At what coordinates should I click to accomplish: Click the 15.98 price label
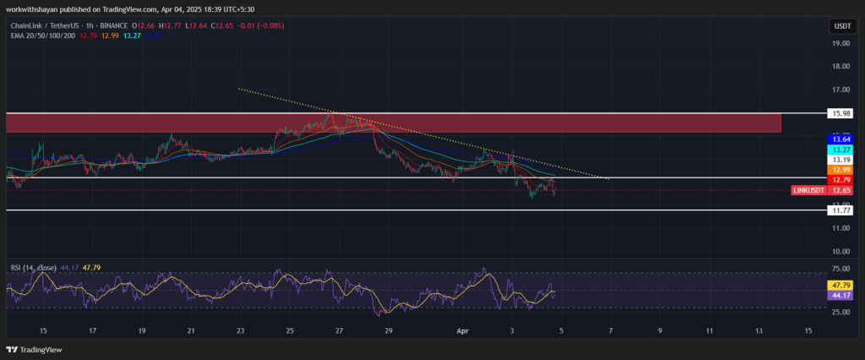[841, 112]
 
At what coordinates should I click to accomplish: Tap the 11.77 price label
[841, 210]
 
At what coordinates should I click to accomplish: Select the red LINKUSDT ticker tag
[809, 191]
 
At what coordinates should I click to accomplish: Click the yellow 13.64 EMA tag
[841, 139]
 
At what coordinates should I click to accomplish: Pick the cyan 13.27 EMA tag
[841, 150]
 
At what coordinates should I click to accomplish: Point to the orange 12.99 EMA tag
[841, 170]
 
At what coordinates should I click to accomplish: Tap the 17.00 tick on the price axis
[841, 90]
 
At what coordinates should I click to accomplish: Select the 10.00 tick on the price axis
[841, 251]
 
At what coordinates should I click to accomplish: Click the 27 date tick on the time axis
[339, 331]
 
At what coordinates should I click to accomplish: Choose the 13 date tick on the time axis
[759, 331]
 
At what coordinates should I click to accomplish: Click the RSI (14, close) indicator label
[32, 268]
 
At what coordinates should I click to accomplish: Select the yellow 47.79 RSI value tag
[841, 286]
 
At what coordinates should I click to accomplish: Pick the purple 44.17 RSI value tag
[841, 296]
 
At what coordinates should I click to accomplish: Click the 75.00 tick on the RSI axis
[841, 269]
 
